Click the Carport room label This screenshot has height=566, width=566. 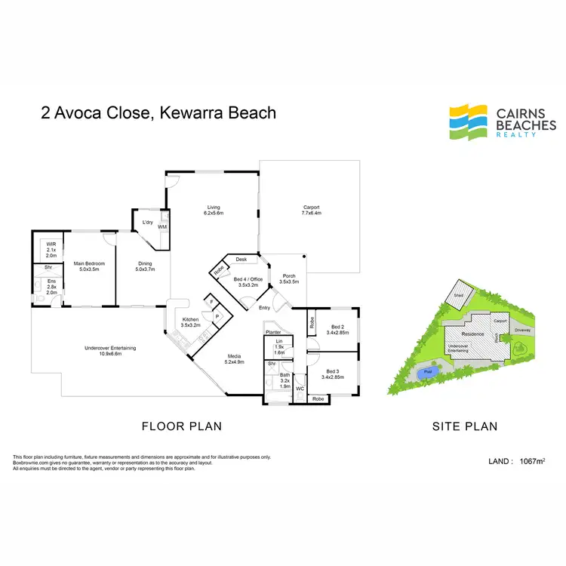[312, 210]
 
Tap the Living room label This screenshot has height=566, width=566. [213, 210]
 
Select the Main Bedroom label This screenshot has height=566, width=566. [89, 265]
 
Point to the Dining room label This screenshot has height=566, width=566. [144, 265]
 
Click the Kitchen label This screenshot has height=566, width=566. [189, 321]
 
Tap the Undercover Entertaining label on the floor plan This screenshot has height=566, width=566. [110, 350]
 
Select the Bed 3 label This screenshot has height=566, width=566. [333, 372]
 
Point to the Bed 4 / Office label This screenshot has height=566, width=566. [248, 282]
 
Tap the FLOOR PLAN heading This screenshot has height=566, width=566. [182, 426]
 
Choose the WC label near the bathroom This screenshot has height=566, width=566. [300, 389]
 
